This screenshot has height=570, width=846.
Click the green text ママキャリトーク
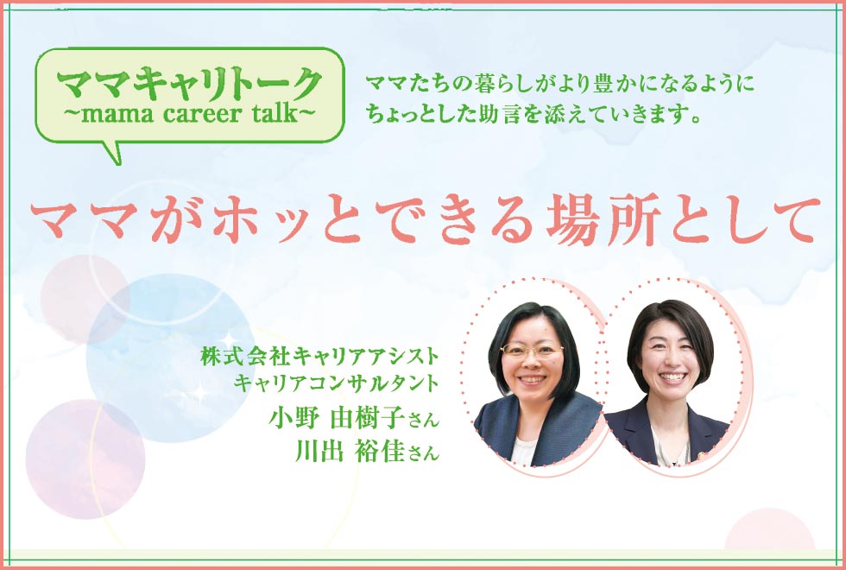point(189,85)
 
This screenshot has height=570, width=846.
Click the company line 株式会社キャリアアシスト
point(319,357)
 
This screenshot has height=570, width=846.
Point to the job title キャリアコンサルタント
point(336,383)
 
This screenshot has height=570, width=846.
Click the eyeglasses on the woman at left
point(532,351)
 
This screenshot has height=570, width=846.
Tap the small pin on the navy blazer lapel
point(701,455)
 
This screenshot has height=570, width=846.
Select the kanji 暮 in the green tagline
point(485,85)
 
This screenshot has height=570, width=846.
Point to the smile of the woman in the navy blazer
point(672,377)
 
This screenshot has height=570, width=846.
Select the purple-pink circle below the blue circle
point(85,459)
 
